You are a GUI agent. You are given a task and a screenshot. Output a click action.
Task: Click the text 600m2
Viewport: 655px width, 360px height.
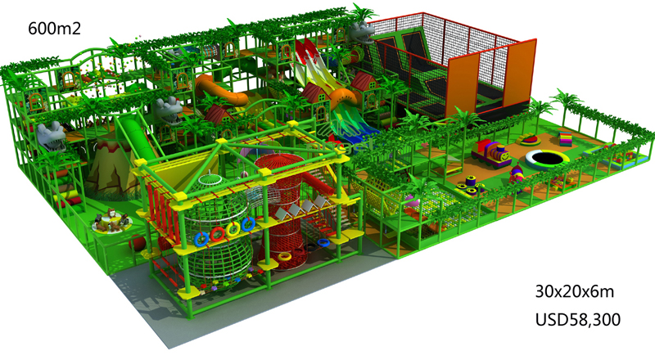click(54, 29)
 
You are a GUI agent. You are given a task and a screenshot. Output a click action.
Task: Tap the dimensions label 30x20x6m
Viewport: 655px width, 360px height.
click(575, 291)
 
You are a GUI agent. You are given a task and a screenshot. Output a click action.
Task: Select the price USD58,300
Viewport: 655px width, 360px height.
click(578, 319)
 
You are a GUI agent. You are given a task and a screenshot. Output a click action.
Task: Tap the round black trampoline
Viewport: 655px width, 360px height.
click(547, 159)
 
